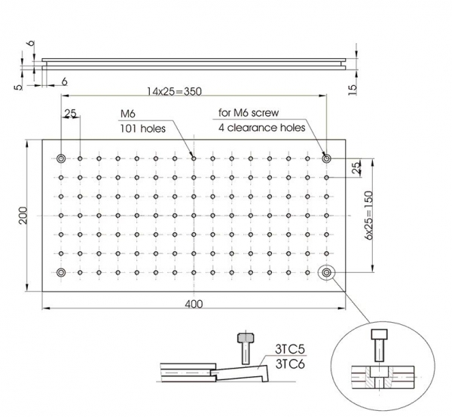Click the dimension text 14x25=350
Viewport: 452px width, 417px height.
pyautogui.click(x=176, y=90)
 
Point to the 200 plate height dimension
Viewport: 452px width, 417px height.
pyautogui.click(x=23, y=215)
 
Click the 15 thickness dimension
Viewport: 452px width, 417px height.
pyautogui.click(x=353, y=89)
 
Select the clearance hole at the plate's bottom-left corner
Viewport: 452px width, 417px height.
pyautogui.click(x=61, y=272)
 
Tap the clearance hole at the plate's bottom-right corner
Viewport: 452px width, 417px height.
pyautogui.click(x=326, y=272)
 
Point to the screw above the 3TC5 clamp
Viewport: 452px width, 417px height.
pyautogui.click(x=243, y=346)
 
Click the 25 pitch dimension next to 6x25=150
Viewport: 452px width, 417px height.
pyautogui.click(x=356, y=164)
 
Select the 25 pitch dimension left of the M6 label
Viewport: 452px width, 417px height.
pyautogui.click(x=70, y=114)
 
